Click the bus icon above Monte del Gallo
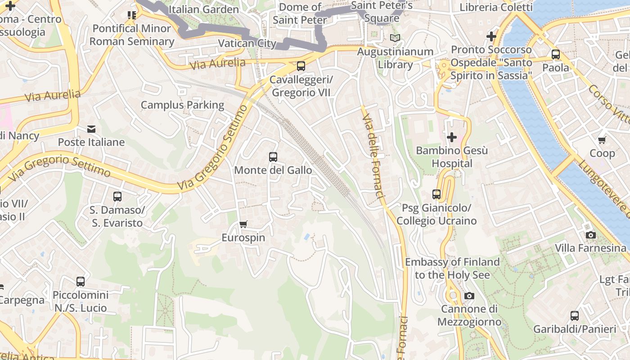click(x=273, y=157)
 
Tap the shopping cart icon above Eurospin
click(x=243, y=224)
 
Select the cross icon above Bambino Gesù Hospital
click(x=452, y=137)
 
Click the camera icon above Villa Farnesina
click(x=590, y=235)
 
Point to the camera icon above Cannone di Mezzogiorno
click(x=469, y=296)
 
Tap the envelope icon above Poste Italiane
click(x=91, y=129)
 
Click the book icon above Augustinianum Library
click(x=395, y=38)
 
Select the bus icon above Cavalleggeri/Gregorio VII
click(x=301, y=66)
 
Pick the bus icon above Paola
click(x=555, y=54)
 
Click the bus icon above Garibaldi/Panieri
click(x=574, y=316)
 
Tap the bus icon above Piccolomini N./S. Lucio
click(x=81, y=282)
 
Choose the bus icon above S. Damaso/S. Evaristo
click(x=117, y=197)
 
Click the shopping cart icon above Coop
click(x=602, y=140)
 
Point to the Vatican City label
click(x=247, y=43)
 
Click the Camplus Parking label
click(x=182, y=105)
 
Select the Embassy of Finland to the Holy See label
click(x=452, y=268)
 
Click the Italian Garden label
click(x=203, y=9)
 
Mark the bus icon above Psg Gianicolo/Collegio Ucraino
click(x=436, y=194)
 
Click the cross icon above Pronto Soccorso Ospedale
click(x=491, y=36)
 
